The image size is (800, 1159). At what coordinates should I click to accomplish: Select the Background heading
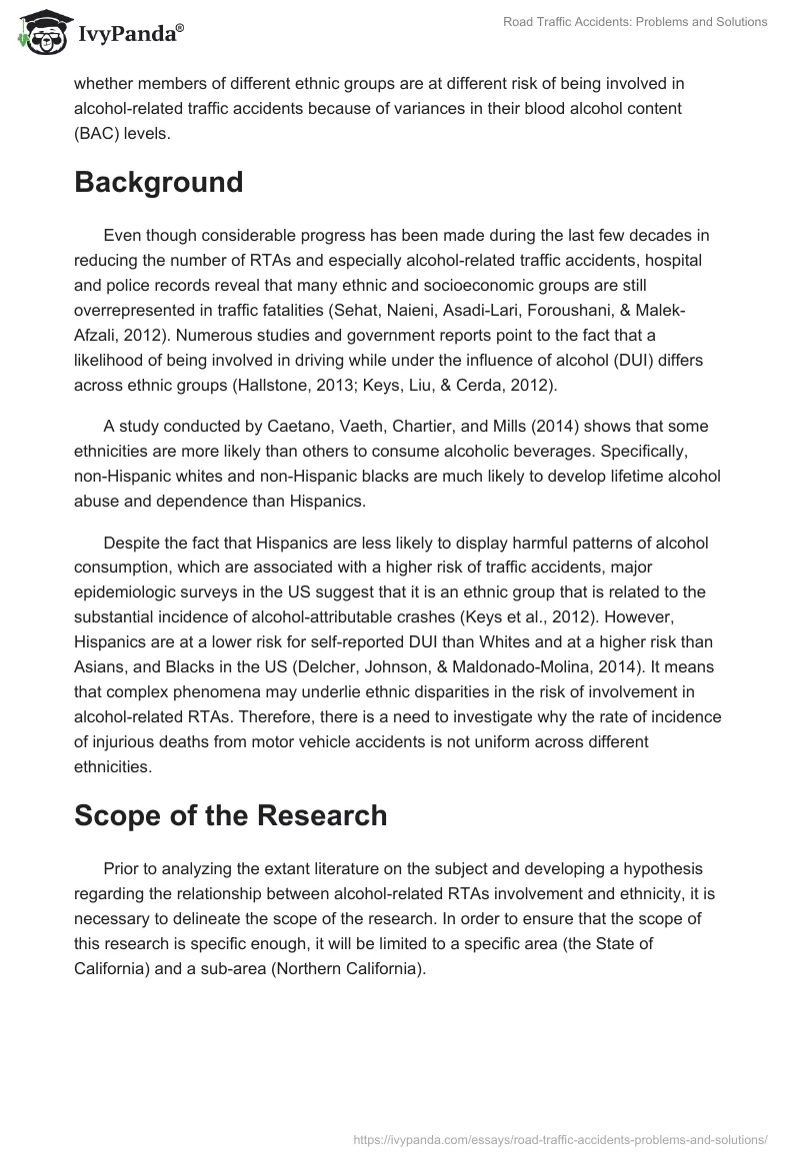(x=158, y=182)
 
